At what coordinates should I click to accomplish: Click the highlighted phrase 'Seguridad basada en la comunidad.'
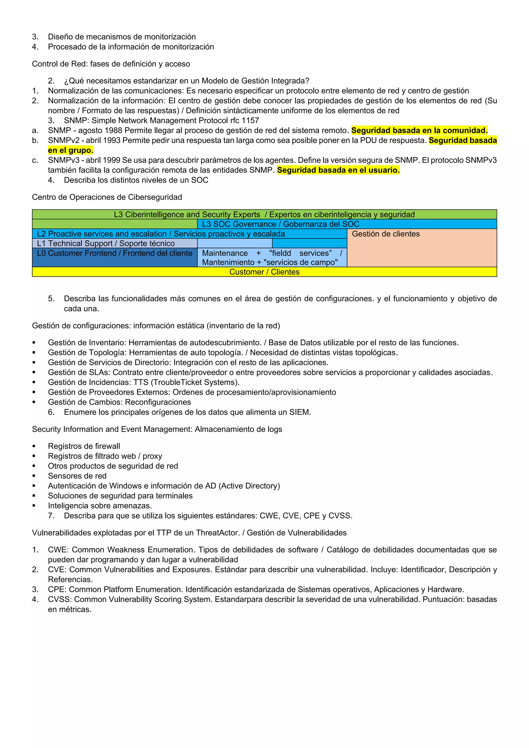coord(419,131)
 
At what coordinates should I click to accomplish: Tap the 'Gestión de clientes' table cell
coord(422,248)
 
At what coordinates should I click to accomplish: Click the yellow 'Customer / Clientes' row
coord(264,272)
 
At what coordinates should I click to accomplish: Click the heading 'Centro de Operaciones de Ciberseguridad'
coord(107,197)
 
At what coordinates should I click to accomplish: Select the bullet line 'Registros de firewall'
coord(84,446)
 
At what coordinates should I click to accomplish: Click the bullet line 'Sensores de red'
coord(77,476)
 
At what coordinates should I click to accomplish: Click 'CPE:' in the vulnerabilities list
coord(57,590)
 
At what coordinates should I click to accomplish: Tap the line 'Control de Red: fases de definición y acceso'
coord(111,64)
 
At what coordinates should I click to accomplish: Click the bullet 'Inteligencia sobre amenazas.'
coord(100,506)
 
